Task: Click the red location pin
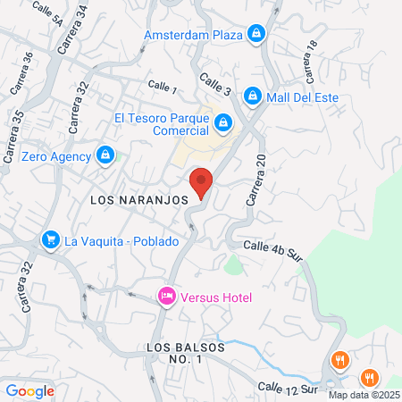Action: coord(202,181)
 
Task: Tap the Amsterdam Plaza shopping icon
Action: coord(256,34)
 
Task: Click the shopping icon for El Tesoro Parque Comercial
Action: coord(223,122)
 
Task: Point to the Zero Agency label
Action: coord(46,156)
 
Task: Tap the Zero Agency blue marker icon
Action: coord(105,155)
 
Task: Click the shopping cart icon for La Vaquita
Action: coord(51,240)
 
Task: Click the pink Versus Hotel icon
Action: coord(166,297)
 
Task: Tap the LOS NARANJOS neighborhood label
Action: coord(138,202)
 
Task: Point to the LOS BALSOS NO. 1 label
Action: coord(175,352)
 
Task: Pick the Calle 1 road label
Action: coord(163,86)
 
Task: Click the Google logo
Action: coord(29,390)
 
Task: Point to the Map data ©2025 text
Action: coord(364,394)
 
